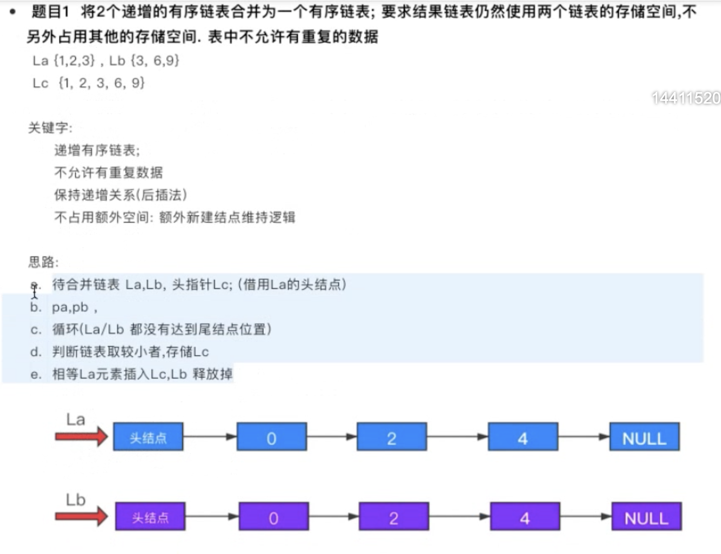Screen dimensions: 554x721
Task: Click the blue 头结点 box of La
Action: [148, 437]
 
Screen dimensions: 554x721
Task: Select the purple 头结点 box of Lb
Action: [150, 517]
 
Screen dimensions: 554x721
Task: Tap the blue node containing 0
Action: [272, 437]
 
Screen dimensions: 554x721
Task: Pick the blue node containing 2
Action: [391, 437]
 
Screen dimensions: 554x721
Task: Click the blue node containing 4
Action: [523, 437]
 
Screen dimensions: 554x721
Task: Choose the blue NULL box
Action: [644, 437]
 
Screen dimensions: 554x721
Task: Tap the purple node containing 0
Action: [274, 517]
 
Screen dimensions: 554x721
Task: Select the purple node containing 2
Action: [393, 517]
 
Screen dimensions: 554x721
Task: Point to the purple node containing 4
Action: [525, 517]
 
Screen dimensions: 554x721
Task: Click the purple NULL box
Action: [646, 517]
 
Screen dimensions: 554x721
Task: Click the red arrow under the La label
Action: [81, 436]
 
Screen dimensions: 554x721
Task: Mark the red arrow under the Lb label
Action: [81, 516]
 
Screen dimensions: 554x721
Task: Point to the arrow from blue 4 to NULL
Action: [583, 437]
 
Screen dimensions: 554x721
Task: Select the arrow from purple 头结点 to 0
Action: [212, 517]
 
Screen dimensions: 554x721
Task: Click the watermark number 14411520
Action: [686, 98]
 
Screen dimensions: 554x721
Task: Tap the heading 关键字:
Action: [50, 128]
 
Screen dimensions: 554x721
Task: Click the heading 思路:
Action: [43, 262]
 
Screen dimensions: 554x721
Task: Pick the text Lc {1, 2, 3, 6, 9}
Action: [88, 83]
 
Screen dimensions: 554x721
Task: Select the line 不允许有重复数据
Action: [108, 173]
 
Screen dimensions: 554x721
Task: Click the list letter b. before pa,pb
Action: [35, 307]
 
